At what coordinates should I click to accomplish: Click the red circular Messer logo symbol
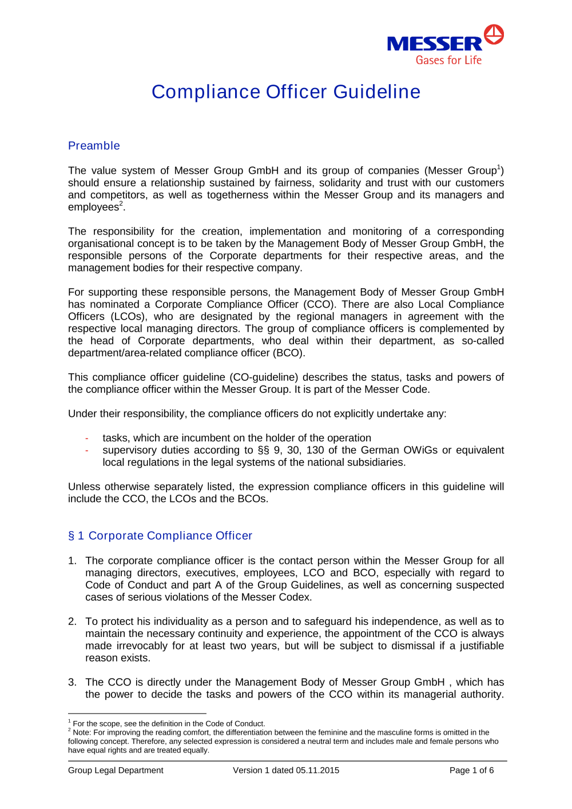click(494, 34)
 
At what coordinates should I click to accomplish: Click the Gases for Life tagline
click(448, 60)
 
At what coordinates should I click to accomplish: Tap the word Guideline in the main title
click(376, 92)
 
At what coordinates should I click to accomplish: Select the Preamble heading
click(94, 146)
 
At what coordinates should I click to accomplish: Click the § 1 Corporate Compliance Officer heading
click(160, 536)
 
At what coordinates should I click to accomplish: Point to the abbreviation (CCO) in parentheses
click(320, 305)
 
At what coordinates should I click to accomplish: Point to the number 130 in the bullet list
click(315, 451)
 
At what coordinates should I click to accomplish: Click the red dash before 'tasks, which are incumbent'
click(87, 439)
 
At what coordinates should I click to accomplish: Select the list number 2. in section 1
click(72, 621)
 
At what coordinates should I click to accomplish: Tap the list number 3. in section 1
click(72, 682)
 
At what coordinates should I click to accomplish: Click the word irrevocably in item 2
click(142, 646)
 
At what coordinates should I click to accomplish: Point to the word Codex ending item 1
click(295, 597)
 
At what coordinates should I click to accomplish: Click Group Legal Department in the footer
click(116, 771)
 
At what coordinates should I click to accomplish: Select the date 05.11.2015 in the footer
click(317, 771)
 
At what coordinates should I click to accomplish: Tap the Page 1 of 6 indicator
click(471, 771)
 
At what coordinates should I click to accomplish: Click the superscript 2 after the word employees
click(121, 204)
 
